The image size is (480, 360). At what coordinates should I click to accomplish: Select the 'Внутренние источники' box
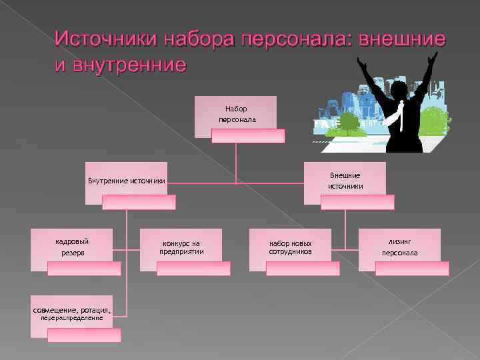coord(127,180)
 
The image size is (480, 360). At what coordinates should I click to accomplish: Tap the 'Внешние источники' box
coord(345,180)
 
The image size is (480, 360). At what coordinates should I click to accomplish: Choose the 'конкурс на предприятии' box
coord(181,247)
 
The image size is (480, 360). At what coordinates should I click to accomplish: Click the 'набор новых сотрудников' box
coord(290,247)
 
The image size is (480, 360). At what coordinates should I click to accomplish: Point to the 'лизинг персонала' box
coord(400,247)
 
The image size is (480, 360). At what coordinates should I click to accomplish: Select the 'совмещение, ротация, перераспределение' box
coord(71,309)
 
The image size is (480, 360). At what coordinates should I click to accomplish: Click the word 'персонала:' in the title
coord(294,39)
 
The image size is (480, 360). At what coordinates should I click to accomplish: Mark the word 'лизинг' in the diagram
coord(400,241)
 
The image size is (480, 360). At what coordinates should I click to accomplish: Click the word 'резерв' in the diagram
coord(72,253)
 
